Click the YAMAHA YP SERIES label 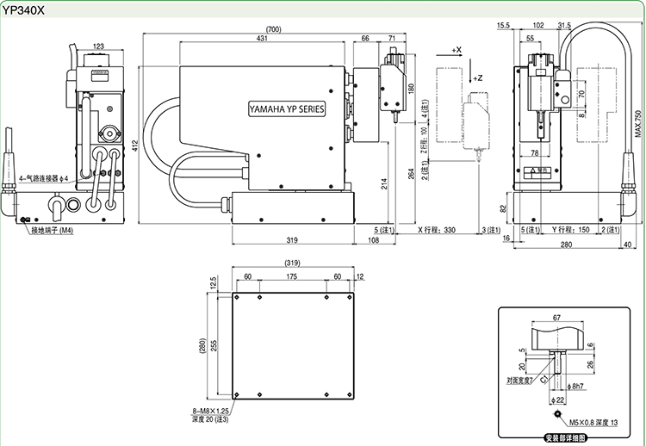click(x=286, y=109)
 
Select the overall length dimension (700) click(x=274, y=29)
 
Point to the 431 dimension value click(x=261, y=39)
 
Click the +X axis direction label click(x=457, y=50)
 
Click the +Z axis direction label click(x=479, y=77)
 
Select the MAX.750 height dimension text click(x=638, y=126)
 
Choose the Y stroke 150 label click(x=571, y=230)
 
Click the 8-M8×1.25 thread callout click(x=210, y=411)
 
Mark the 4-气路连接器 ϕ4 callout click(x=45, y=178)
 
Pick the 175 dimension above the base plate click(x=292, y=276)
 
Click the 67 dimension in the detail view click(x=556, y=317)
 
